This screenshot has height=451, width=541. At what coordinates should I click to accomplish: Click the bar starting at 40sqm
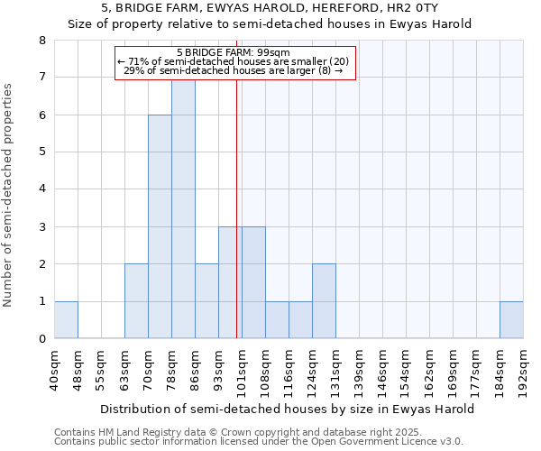66,320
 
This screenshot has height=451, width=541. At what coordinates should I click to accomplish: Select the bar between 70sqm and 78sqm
160,226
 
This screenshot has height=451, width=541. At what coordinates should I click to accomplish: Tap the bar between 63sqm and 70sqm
136,301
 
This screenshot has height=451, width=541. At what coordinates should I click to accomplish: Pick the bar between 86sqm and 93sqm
206,301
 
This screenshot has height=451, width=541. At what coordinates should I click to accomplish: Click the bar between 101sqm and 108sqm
253,282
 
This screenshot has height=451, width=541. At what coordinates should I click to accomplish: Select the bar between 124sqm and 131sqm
324,301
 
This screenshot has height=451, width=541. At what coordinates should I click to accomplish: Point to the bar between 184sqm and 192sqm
511,320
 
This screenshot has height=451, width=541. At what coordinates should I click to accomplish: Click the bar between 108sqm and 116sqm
277,320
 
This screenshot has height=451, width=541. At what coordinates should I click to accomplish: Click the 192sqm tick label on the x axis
524,370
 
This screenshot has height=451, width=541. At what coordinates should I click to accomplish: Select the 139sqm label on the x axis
360,370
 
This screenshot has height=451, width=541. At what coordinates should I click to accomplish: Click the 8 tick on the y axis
41,41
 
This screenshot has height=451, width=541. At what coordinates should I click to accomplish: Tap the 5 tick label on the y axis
41,152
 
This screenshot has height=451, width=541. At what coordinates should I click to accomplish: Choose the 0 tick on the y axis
41,339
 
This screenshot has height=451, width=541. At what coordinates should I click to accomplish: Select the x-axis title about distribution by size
287,409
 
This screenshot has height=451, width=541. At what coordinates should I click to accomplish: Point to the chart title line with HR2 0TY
270,8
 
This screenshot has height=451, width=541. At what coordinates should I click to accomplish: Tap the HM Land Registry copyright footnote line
237,432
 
